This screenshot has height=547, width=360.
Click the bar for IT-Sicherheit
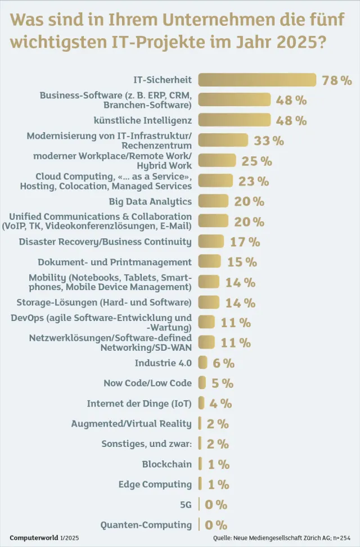pyautogui.click(x=257, y=80)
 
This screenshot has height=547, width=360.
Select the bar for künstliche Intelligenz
pyautogui.click(x=235, y=120)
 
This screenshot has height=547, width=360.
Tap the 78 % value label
pyautogui.click(x=337, y=80)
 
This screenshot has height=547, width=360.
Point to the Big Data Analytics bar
pyautogui.click(x=213, y=201)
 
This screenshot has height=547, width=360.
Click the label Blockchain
pyautogui.click(x=166, y=464)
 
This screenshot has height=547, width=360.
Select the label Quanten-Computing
pyautogui.click(x=146, y=525)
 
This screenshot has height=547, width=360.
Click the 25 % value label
pyautogui.click(x=256, y=161)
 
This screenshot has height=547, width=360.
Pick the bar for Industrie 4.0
pyautogui.click(x=202, y=363)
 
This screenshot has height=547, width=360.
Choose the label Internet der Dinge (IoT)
pyautogui.click(x=139, y=404)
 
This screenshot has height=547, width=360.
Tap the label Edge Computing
pyautogui.click(x=155, y=485)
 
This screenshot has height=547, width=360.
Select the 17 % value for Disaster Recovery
pyautogui.click(x=245, y=242)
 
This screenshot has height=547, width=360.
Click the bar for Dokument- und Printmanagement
pyautogui.click(x=210, y=262)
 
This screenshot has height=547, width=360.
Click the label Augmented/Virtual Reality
pyautogui.click(x=131, y=424)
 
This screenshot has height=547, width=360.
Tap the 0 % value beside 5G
pyautogui.click(x=216, y=505)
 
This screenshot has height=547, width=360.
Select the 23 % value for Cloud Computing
pyautogui.click(x=253, y=182)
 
